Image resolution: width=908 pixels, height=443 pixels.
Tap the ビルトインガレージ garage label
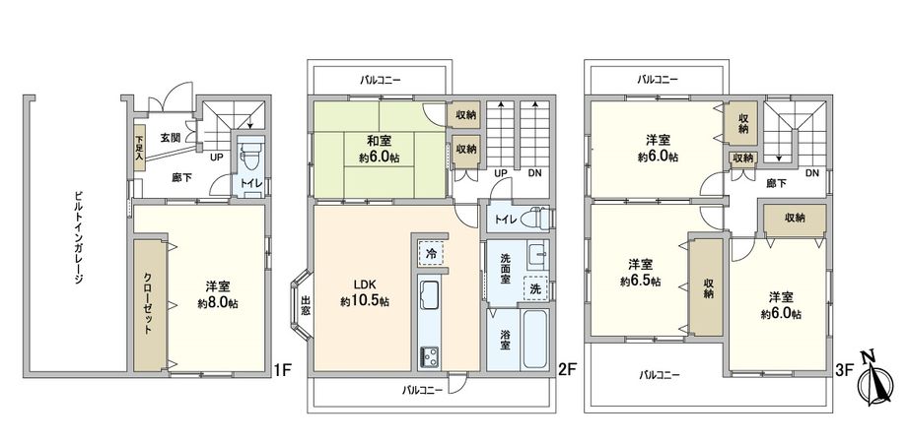tap(78, 235)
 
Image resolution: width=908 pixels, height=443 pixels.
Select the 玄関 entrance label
tap(170, 138)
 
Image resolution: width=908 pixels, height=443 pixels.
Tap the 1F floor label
tap(283, 371)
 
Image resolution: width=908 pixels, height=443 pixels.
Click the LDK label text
tap(364, 284)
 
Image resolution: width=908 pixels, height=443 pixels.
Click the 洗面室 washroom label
tap(504, 267)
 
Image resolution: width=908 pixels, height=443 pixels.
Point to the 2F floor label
tap(566, 371)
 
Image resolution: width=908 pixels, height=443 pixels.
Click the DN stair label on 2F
tap(534, 173)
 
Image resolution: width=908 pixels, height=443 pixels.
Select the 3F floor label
tap(843, 371)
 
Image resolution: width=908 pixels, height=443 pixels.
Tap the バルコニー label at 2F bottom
tap(422, 390)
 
